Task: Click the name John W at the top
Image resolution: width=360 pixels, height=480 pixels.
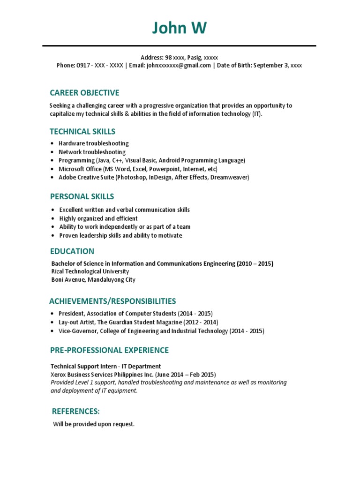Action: (179, 29)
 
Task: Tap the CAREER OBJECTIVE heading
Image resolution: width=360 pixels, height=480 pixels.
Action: (84, 93)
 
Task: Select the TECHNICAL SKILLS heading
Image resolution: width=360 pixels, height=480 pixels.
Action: (82, 132)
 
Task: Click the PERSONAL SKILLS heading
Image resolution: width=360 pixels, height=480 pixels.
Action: (82, 196)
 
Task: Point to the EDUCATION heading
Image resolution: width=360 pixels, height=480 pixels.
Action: (72, 251)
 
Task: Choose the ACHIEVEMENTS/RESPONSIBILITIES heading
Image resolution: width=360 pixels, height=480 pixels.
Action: (113, 301)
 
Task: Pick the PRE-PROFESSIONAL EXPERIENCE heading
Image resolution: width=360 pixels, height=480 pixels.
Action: (109, 350)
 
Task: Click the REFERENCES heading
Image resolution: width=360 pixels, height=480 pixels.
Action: (75, 412)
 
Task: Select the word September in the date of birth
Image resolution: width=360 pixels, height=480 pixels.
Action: (270, 66)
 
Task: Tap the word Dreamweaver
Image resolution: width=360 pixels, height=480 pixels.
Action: (229, 178)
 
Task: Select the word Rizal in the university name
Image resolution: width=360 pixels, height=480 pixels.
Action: (58, 271)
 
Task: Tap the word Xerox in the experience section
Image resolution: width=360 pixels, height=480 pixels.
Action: (59, 375)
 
